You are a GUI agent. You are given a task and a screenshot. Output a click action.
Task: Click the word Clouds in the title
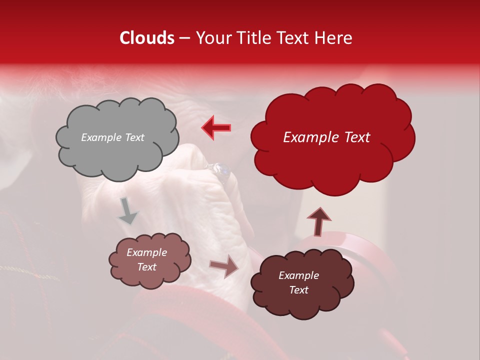click(x=146, y=38)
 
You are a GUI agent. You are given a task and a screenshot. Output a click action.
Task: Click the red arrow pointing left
click(x=216, y=127)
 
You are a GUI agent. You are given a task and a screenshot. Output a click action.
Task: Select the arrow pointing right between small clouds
click(x=224, y=266)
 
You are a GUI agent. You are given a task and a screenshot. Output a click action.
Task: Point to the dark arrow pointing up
click(x=318, y=221)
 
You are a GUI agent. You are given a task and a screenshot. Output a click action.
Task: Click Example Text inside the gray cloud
click(x=112, y=137)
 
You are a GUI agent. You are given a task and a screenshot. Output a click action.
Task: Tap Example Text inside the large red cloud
click(x=326, y=137)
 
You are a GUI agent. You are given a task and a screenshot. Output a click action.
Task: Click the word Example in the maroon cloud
click(x=298, y=275)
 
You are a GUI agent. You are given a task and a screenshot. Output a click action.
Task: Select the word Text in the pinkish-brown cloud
click(x=146, y=267)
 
